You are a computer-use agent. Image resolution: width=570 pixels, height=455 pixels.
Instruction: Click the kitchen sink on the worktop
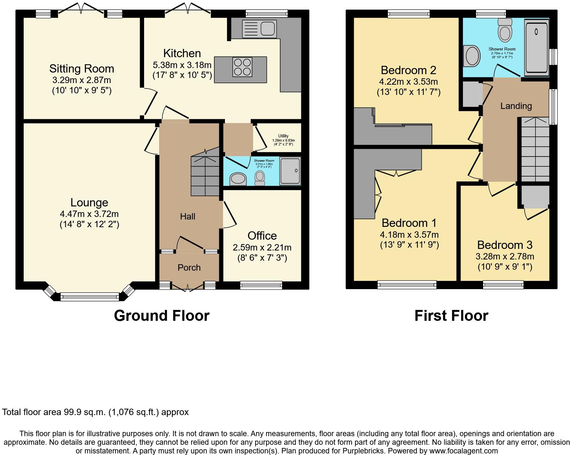coord(259,29)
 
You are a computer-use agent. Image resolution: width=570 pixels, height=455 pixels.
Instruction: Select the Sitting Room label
coord(81,69)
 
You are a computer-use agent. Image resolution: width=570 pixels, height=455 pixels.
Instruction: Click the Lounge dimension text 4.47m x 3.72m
coord(89,214)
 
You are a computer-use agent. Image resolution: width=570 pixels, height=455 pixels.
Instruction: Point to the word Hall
coord(188,217)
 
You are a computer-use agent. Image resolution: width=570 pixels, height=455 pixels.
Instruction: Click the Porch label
coord(189,268)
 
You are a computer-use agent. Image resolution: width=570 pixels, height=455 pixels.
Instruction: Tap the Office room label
coord(262,236)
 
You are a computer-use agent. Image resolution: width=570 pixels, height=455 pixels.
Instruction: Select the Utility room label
coord(283,136)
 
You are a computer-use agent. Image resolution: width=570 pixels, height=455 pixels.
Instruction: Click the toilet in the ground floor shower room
coord(260,178)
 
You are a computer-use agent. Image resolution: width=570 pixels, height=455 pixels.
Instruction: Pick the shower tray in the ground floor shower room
coord(290,171)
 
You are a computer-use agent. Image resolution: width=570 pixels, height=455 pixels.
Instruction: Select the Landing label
coord(516,106)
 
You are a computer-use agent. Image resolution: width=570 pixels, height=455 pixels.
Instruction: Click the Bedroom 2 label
coord(408,70)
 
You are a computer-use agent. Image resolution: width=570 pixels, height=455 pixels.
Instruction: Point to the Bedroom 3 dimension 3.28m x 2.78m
coord(505,257)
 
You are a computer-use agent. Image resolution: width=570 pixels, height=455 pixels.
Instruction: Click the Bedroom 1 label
coord(409,223)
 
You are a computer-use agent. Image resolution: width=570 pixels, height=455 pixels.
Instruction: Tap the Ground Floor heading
coord(162,316)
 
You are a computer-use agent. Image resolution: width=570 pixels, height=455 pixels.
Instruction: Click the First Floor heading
coord(451,316)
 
